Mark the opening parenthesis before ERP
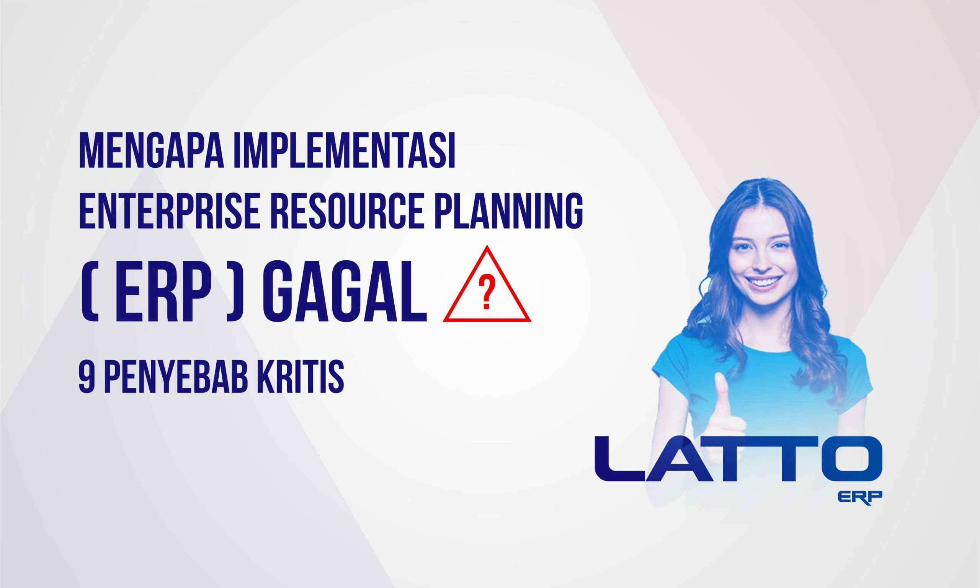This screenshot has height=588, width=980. tap(90, 292)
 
